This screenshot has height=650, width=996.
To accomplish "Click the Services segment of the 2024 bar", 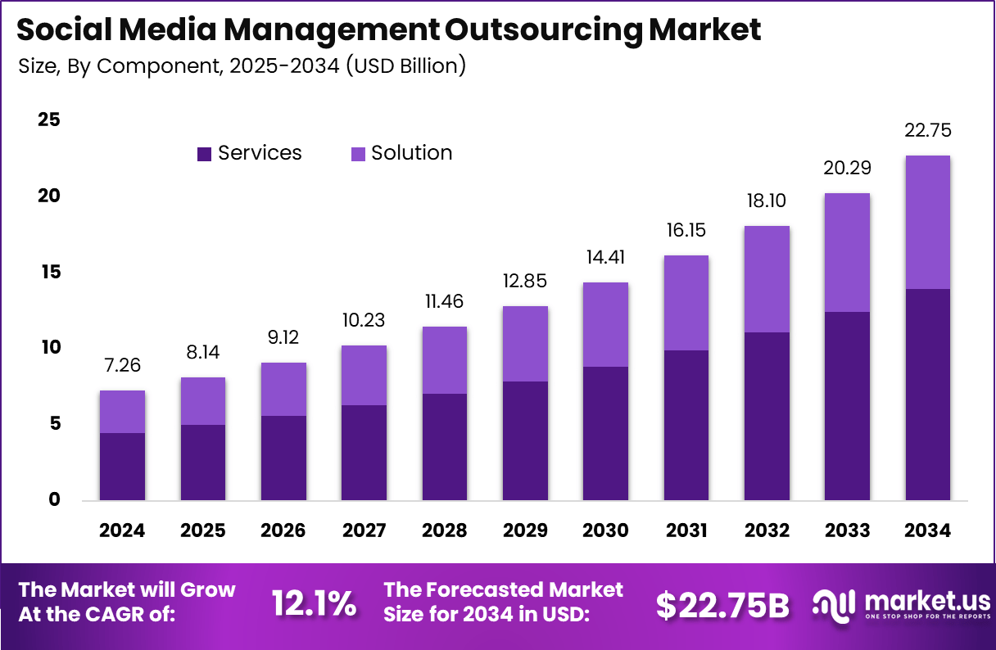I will pyautogui.click(x=122, y=466).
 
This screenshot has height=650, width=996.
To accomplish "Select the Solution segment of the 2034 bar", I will pyautogui.click(x=928, y=222).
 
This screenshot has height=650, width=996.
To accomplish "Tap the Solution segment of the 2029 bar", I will pyautogui.click(x=525, y=344).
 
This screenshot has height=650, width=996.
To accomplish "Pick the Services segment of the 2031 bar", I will pyautogui.click(x=686, y=425).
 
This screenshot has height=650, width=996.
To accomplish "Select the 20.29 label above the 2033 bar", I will pyautogui.click(x=847, y=169).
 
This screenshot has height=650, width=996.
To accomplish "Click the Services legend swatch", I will pyautogui.click(x=204, y=154).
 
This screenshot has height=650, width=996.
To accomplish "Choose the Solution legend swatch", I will pyautogui.click(x=358, y=154).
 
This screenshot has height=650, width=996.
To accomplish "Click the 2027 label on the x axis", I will pyautogui.click(x=364, y=530).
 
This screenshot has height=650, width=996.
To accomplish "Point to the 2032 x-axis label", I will pyautogui.click(x=767, y=530).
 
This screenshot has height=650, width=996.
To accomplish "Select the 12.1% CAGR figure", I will pyautogui.click(x=314, y=604).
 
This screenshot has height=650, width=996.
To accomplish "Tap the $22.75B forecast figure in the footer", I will pyautogui.click(x=722, y=605).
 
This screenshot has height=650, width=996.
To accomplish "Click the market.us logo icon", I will pyautogui.click(x=834, y=604).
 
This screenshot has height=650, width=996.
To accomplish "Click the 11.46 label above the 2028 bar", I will pyautogui.click(x=444, y=301).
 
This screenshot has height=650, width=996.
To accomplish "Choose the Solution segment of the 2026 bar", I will pyautogui.click(x=283, y=389).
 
